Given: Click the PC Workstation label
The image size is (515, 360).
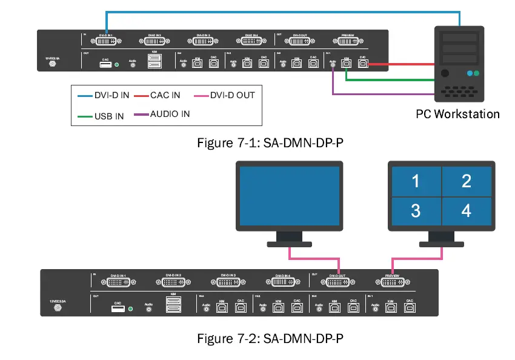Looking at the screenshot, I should pos(457,113).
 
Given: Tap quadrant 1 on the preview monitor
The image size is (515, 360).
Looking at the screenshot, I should pos(416,181).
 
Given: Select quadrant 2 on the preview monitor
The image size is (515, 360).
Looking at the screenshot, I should pos(466,181).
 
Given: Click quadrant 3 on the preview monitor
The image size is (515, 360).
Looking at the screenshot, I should pos(416,210).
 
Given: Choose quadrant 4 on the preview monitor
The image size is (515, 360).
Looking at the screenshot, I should pos(466,210).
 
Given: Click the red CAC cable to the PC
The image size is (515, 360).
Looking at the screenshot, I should pos(400,64).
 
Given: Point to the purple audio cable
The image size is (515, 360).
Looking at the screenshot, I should pos(382,94).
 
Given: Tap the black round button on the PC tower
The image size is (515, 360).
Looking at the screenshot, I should pos(445,73).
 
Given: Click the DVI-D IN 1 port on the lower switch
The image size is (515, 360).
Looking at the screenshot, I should pos(121,282).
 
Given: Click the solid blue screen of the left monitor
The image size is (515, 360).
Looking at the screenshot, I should pos(290,196).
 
